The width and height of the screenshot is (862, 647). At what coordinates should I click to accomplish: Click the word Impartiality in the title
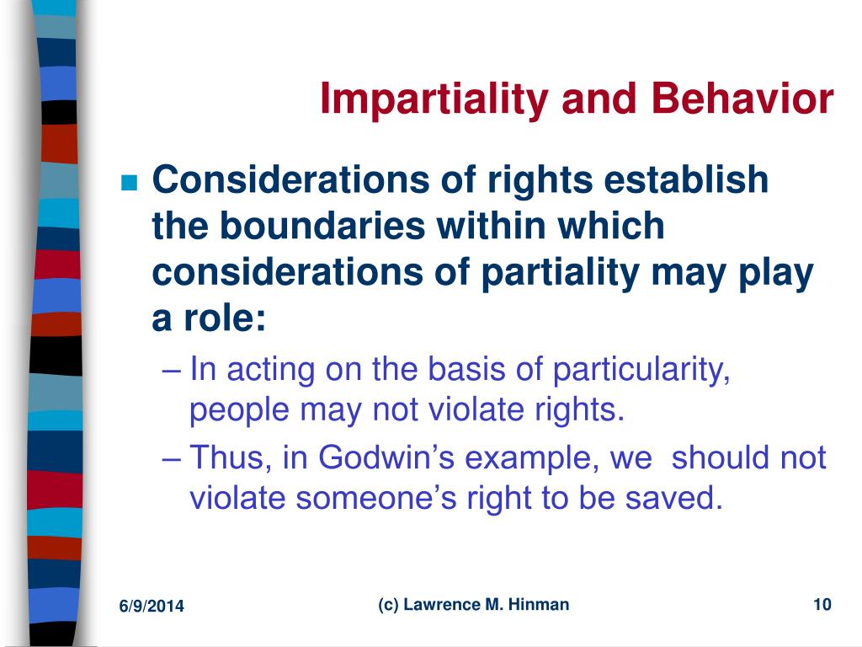434,99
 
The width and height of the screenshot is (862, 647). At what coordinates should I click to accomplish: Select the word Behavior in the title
742,99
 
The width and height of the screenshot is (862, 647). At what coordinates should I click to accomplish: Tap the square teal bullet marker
129,182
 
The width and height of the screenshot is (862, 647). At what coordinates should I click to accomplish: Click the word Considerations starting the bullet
290,180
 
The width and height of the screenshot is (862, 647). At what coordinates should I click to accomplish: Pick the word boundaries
322,226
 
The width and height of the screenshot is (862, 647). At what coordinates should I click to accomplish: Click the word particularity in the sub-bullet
641,370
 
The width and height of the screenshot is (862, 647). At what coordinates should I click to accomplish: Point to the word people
239,411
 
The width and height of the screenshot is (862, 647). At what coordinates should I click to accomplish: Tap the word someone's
376,498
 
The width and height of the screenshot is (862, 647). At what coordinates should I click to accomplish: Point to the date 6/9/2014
152,607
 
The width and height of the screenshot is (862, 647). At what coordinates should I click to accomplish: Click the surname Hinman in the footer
539,605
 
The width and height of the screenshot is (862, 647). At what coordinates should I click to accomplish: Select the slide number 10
822,605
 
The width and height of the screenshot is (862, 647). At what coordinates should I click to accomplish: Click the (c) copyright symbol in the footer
387,605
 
